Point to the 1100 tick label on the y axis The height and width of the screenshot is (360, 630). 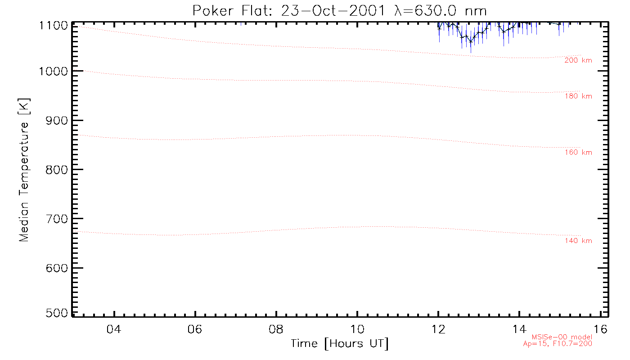coord(54,26)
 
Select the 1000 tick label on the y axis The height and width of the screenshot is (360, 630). coord(54,71)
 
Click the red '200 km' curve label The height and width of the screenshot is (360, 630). coord(578,60)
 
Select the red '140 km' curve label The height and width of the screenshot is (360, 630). coord(578,241)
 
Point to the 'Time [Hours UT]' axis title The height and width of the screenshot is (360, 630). coord(340,344)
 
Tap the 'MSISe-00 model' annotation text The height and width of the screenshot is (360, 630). coord(562,337)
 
